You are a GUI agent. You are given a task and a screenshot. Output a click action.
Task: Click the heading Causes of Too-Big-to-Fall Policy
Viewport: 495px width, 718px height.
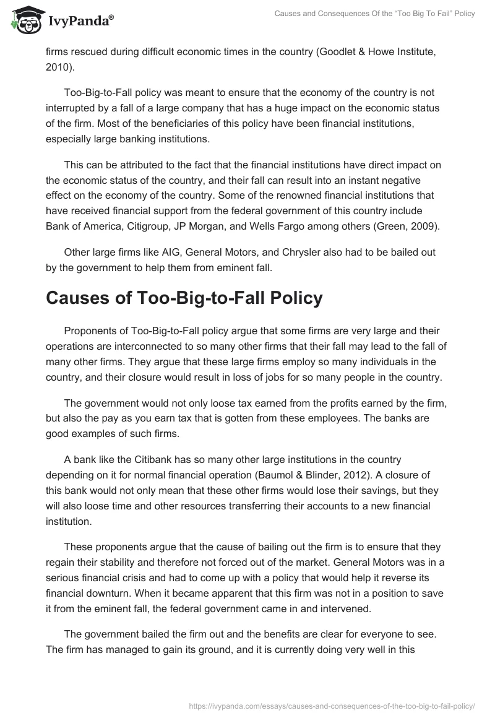(x=184, y=298)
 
